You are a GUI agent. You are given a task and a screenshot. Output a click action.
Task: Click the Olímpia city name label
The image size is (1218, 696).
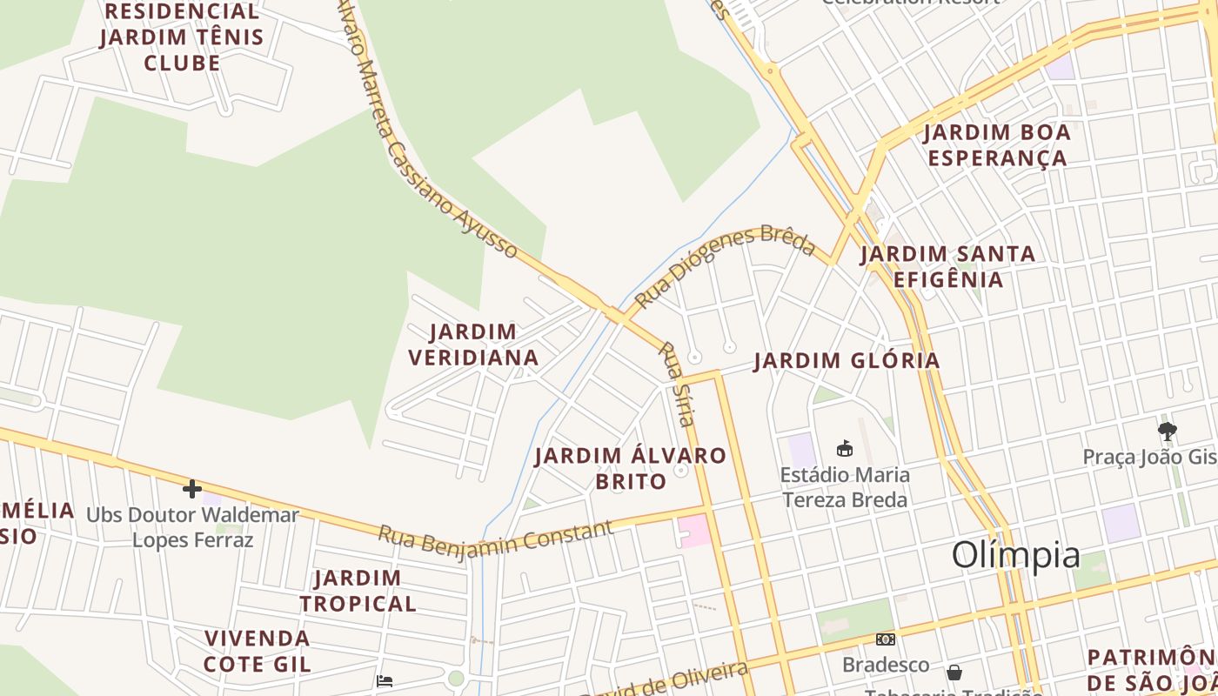pos(1015,555)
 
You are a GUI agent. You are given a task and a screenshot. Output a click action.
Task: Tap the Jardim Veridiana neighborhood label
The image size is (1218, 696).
pos(473,345)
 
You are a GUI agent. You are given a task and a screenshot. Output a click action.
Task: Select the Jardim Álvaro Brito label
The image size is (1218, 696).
pos(630,468)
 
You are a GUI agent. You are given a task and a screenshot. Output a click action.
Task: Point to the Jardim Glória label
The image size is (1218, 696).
pos(847,361)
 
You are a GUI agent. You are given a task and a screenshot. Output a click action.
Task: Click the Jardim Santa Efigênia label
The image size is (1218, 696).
pos(947,266)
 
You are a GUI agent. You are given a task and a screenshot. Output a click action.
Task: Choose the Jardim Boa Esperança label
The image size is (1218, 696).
pos(997,145)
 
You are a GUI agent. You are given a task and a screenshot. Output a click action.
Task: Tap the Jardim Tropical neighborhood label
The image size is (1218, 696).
pos(358,591)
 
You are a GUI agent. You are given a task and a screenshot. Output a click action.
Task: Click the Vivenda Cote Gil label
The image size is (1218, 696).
pos(257,651)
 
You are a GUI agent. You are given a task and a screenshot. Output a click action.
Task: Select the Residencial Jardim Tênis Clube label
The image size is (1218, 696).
pos(182,37)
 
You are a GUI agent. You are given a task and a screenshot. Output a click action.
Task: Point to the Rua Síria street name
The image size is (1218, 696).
pos(678,384)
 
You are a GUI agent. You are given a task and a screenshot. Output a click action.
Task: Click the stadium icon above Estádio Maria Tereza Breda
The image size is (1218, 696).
pos(844,449)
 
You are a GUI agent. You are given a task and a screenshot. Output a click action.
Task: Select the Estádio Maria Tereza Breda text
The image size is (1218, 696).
pos(845,487)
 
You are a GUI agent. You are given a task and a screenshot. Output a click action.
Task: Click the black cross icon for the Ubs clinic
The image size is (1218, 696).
pos(192,489)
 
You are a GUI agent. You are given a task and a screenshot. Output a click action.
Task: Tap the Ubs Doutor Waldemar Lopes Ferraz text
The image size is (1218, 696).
pos(192,527)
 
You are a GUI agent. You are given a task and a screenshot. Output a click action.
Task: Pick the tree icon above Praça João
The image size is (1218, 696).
pos(1168,431)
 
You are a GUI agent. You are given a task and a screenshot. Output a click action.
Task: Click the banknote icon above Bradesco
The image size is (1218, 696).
pos(886,639)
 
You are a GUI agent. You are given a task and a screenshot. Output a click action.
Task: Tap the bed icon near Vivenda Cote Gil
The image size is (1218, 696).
pos(385,680)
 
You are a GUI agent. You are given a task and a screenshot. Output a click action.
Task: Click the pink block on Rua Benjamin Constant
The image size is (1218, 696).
pos(694,531)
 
